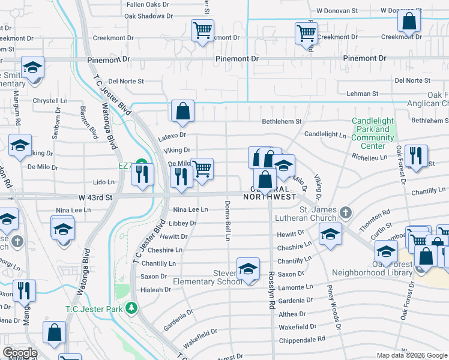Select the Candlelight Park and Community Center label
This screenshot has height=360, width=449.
373,133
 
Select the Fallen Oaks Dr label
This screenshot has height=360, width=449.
148,4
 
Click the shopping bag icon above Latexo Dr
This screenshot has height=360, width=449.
182,111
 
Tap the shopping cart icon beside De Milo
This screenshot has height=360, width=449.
202,169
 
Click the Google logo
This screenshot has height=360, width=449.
20,353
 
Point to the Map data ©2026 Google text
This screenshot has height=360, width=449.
411,355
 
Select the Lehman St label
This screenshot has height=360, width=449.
363,94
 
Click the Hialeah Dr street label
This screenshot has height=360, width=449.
155,289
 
